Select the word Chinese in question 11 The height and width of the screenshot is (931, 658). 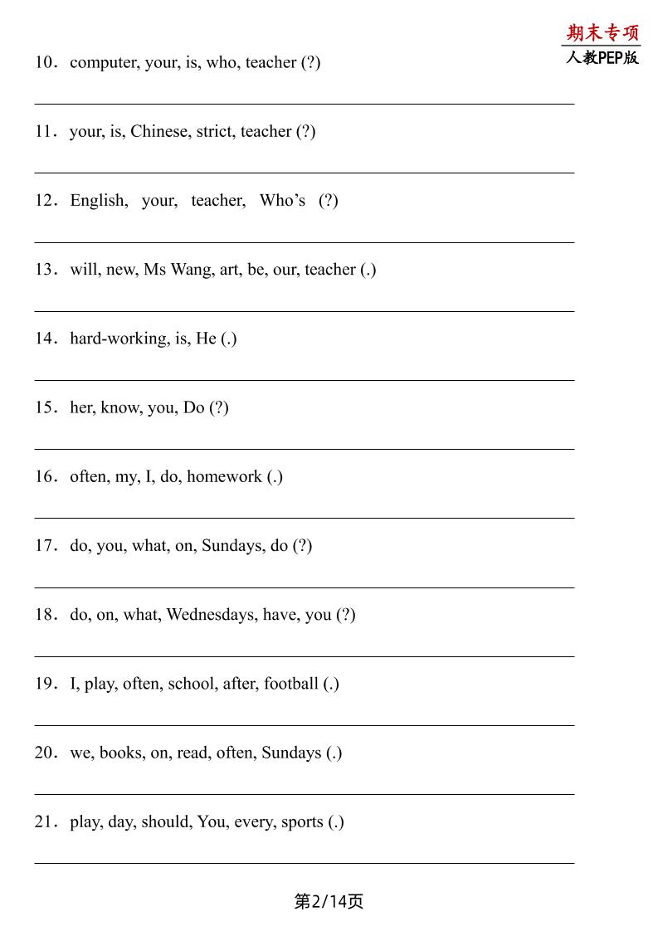tap(158, 131)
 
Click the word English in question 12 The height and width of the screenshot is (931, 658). tap(98, 200)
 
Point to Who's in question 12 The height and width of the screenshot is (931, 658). tap(282, 200)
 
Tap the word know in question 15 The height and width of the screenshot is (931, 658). tap(119, 407)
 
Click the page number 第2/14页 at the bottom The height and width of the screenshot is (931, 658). tap(329, 901)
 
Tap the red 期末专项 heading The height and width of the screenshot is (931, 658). tap(603, 33)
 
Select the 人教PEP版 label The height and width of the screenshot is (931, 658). tap(602, 57)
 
